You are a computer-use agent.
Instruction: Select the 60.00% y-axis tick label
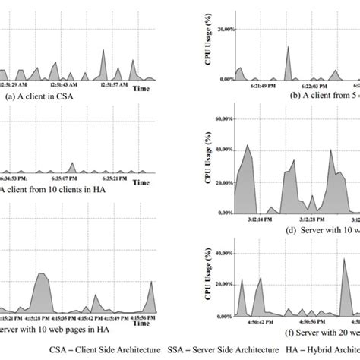[x=218, y=119]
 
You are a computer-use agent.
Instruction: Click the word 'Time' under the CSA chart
[x=141, y=89]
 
